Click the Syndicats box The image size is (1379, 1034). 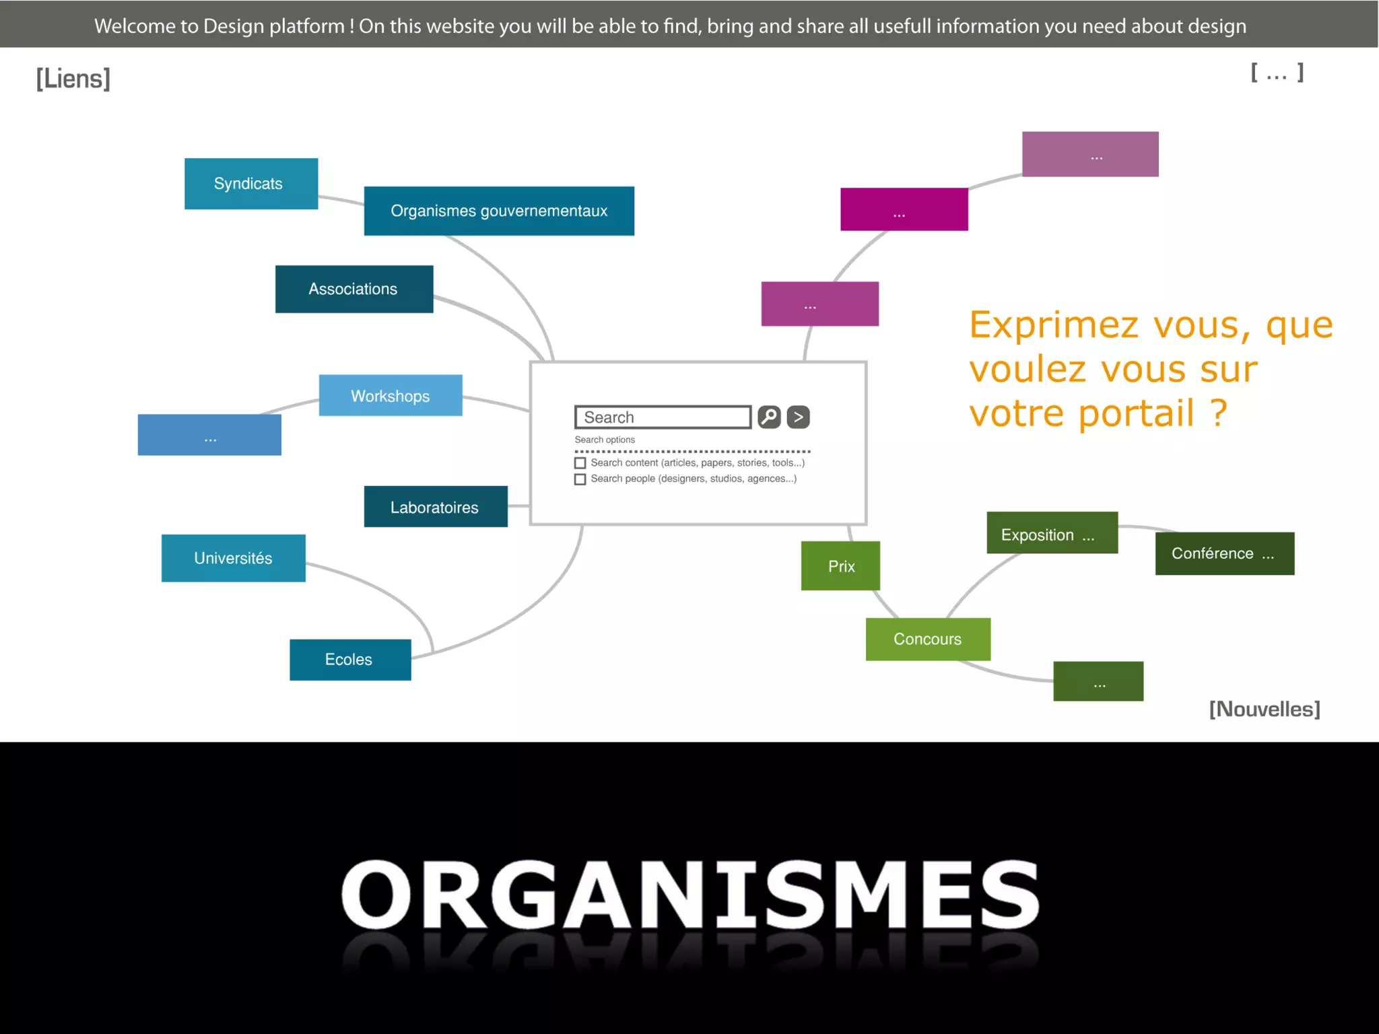250,184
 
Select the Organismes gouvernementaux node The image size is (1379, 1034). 499,211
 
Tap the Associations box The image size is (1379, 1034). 354,289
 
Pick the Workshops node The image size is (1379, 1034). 391,396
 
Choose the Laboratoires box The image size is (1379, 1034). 435,507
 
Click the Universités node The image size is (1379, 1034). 233,558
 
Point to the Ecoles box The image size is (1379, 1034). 349,660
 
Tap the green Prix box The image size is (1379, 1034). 840,566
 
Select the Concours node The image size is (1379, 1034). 927,639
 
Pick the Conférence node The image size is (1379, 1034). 1224,553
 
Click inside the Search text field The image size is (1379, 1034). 663,417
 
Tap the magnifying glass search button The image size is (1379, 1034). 769,417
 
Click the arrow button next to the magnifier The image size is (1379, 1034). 798,417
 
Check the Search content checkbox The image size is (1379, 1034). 580,463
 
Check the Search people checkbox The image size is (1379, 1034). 580,479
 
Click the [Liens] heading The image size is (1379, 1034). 73,79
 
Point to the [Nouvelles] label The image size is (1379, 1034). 1264,709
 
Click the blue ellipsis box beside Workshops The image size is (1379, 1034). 209,435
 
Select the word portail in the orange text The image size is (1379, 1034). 1137,413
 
